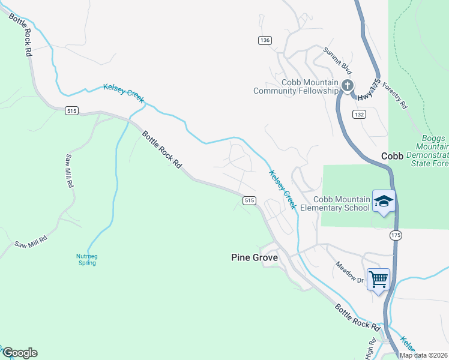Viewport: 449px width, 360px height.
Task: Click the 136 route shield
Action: [x=265, y=40]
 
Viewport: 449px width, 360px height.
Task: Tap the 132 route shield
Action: [x=359, y=115]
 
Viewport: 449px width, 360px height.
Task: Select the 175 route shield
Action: [x=394, y=235]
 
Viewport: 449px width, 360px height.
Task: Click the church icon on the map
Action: [x=348, y=86]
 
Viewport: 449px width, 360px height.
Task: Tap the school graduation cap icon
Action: [x=383, y=201]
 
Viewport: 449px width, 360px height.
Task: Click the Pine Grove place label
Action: [x=255, y=257]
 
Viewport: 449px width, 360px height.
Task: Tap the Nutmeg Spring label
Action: [x=87, y=259]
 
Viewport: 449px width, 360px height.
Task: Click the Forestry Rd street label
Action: [x=394, y=95]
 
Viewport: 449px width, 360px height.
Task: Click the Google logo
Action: [x=19, y=353]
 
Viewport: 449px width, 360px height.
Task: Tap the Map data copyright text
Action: [x=424, y=355]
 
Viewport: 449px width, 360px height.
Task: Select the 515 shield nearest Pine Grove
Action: [x=250, y=200]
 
